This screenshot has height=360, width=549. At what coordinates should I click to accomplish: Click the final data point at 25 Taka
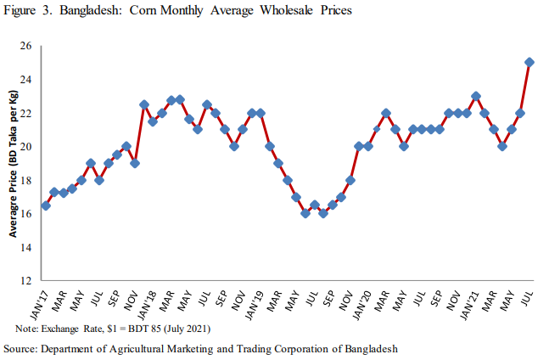[x=529, y=62]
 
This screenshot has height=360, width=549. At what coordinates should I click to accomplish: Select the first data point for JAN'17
[x=46, y=205]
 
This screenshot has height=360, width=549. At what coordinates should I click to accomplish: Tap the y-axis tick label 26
[x=25, y=46]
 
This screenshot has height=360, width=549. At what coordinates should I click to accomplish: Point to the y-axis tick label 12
[x=25, y=281]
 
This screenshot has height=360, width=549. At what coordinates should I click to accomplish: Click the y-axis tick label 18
[x=25, y=180]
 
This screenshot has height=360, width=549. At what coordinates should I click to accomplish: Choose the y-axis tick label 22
[x=25, y=113]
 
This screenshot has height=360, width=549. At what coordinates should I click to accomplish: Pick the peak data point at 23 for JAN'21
[x=476, y=96]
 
